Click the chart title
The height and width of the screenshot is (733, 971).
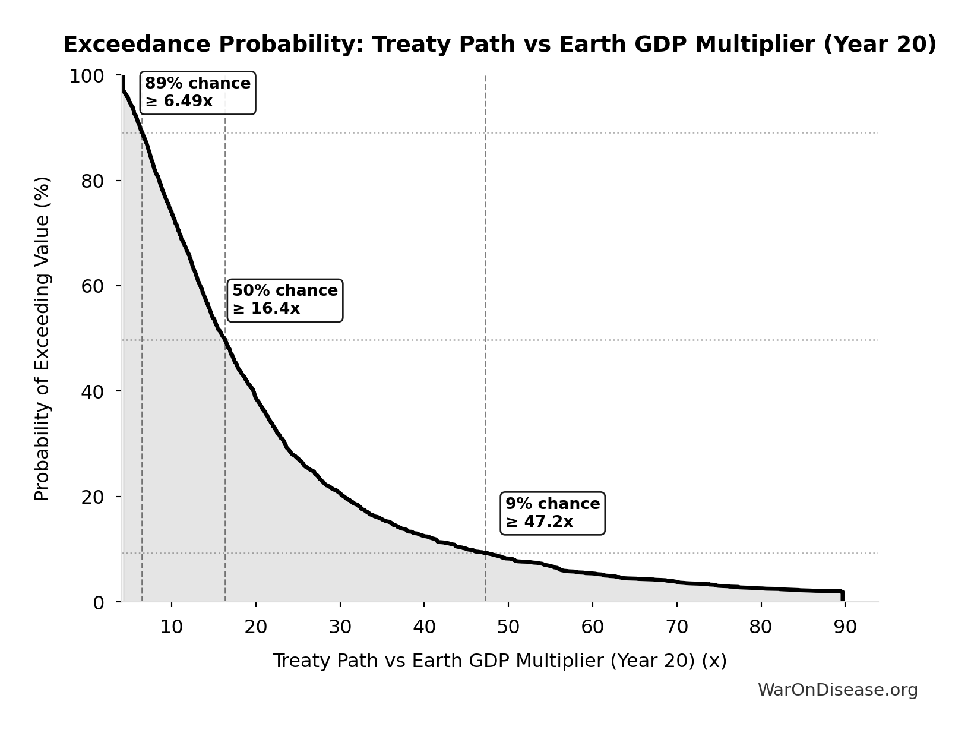[499, 45]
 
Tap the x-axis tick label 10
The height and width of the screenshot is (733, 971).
[172, 627]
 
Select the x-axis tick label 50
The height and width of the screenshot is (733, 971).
[508, 627]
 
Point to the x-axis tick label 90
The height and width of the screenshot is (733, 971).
[845, 627]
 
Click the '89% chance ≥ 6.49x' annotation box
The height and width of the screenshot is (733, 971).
[198, 93]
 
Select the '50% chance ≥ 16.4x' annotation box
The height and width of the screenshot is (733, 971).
[284, 300]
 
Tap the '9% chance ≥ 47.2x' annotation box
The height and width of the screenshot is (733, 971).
[552, 513]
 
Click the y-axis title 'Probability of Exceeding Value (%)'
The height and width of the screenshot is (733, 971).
[42, 339]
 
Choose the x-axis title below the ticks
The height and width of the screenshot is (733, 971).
[499, 661]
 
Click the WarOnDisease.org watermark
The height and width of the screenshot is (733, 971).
[837, 690]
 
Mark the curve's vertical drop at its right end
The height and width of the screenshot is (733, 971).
[842, 596]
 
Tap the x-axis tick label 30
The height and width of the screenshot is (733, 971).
[340, 627]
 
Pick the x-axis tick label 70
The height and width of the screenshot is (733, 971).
[676, 627]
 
